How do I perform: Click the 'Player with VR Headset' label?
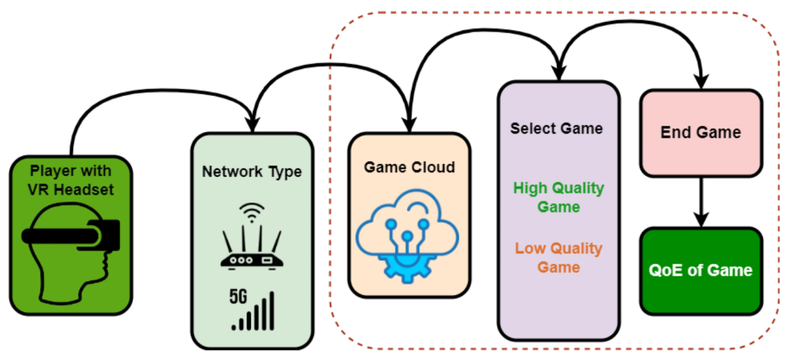(71, 179)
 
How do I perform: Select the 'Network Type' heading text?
(252, 172)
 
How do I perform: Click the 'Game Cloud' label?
(409, 167)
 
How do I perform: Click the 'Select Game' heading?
(556, 128)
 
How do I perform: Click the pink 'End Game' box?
(701, 131)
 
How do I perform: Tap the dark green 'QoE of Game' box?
(701, 270)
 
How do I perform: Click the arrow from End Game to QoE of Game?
(701, 200)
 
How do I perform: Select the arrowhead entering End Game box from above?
(701, 82)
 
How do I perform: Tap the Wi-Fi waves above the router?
(250, 210)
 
